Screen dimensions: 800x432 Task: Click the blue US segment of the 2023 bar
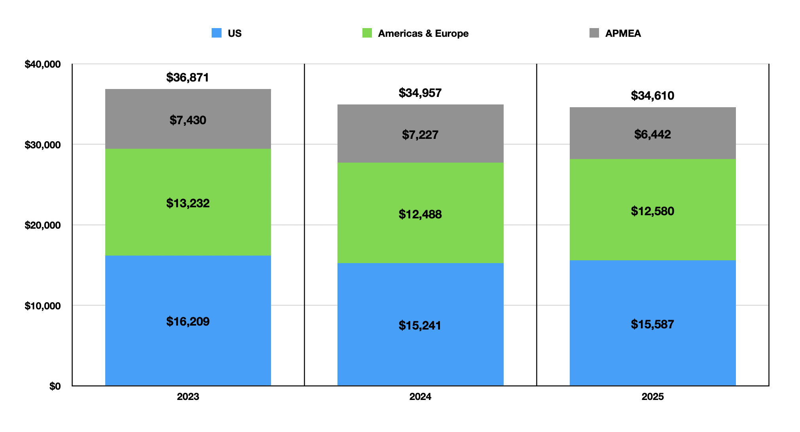click(x=188, y=320)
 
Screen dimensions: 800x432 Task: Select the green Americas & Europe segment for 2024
click(x=420, y=213)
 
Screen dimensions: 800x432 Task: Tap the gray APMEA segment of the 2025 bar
click(x=652, y=133)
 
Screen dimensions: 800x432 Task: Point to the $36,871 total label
click(x=188, y=77)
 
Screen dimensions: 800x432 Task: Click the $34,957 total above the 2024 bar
click(x=420, y=93)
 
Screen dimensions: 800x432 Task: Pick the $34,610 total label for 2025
click(x=652, y=95)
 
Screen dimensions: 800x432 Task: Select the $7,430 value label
click(x=188, y=120)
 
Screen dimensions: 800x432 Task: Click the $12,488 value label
click(x=420, y=214)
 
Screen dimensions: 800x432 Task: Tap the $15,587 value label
click(x=652, y=324)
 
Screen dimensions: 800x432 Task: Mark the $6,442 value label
click(x=652, y=134)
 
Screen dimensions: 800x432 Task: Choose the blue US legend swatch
click(x=216, y=33)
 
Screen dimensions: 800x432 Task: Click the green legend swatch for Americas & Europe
click(x=367, y=33)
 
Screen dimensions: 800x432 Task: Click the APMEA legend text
click(x=623, y=33)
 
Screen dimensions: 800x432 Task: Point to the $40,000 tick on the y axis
click(x=43, y=64)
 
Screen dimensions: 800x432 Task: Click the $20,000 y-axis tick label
click(x=43, y=225)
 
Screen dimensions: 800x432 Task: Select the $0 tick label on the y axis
click(x=55, y=386)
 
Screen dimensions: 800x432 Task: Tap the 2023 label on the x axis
click(x=188, y=396)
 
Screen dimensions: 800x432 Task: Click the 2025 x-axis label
click(x=652, y=396)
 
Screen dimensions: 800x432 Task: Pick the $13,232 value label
click(x=188, y=203)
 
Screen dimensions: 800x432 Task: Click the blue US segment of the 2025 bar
click(x=652, y=323)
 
